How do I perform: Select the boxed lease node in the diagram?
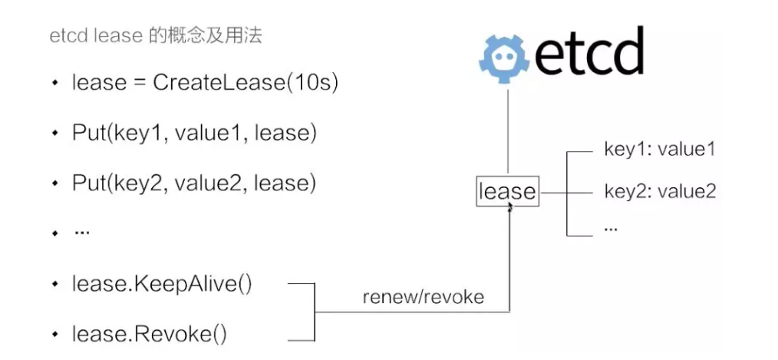point(508,191)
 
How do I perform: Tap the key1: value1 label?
point(659,150)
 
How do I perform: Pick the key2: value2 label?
point(659,191)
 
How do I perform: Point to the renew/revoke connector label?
point(423,297)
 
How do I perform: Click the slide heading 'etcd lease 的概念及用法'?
point(156,36)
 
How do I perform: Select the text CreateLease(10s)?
point(246,82)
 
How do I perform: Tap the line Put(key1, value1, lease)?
point(194,133)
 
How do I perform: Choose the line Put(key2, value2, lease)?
point(194,183)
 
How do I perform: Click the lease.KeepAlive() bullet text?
point(162,284)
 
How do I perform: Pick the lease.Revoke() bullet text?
point(150,334)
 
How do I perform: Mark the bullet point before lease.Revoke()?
point(54,335)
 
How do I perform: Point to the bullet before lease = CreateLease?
point(54,83)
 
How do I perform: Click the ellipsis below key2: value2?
point(612,229)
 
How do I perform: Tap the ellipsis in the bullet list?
point(81,232)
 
